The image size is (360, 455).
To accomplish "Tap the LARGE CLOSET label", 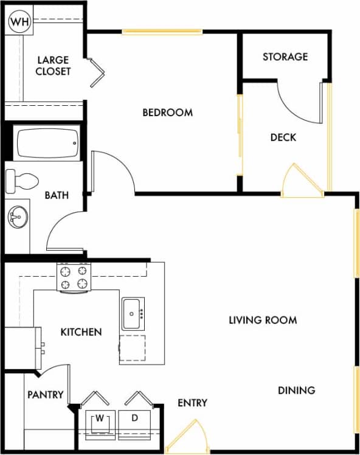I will [x=54, y=66].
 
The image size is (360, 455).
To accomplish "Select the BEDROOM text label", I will [x=167, y=113].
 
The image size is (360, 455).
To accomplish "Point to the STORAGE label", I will [x=285, y=57].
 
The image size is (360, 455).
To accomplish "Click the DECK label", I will [x=283, y=137].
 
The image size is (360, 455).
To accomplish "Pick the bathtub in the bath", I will [x=47, y=143].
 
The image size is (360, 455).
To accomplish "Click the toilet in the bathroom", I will [x=22, y=180].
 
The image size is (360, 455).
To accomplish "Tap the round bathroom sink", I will [x=18, y=216].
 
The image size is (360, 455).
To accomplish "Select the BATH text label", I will [x=57, y=195].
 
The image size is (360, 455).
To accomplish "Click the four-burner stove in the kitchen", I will [x=74, y=277].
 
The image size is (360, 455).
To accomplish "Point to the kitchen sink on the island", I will [x=133, y=314].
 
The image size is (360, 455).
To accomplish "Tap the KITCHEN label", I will [x=81, y=332].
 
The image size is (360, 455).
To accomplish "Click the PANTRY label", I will [x=46, y=395].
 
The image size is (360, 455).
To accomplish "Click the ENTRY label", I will [x=193, y=403].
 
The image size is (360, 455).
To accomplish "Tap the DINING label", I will [x=297, y=390].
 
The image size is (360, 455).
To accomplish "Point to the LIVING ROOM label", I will [x=263, y=319].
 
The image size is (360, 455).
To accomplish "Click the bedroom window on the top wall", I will [x=162, y=32].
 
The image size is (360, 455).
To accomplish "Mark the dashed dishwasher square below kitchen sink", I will [x=133, y=348].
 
